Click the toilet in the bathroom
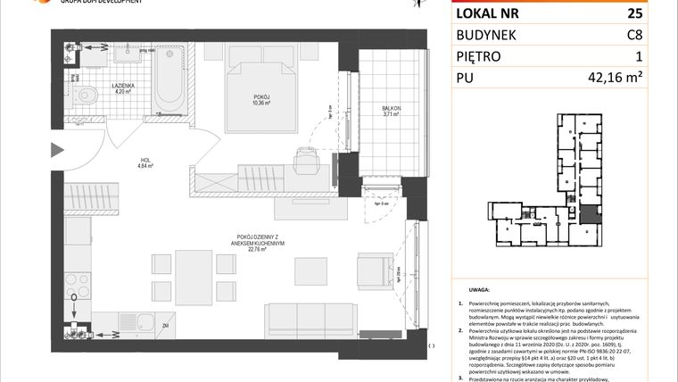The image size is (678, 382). tap(87, 96)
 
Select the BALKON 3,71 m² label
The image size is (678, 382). tap(391, 112)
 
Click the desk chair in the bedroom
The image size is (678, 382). tap(305, 160)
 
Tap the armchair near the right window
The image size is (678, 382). tap(373, 270)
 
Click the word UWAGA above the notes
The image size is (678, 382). tap(480, 291)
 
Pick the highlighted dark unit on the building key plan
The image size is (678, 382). tap(590, 214)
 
